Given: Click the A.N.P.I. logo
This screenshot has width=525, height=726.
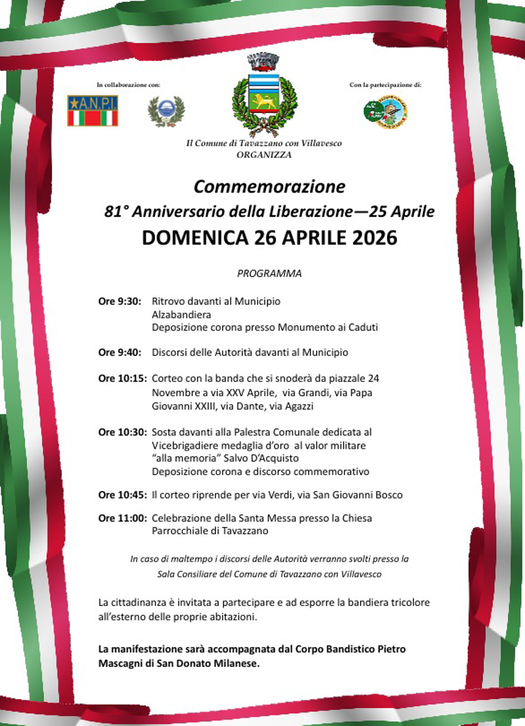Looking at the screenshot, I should point(92,110).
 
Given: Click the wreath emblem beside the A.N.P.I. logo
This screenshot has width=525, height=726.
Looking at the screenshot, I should point(166,111).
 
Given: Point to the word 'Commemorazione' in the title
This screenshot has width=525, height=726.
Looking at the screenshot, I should point(269,187).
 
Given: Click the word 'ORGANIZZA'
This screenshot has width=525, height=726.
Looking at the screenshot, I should point(263,155).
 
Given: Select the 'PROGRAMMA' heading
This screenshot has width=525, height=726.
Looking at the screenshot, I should point(269,274).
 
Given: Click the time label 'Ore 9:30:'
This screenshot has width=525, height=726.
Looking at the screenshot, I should point(120,302).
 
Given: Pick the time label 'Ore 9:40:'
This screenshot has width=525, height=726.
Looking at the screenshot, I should point(120,353).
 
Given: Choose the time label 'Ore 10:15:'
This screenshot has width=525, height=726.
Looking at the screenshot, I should point(122,379).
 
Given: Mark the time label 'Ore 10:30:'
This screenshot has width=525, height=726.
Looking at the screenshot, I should point(122,432).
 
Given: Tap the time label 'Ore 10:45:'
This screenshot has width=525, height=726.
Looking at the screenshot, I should point(122,495).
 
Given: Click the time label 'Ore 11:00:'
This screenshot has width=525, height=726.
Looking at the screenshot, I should point(122,518).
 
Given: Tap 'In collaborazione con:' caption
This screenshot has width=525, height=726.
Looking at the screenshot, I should point(128,85).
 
